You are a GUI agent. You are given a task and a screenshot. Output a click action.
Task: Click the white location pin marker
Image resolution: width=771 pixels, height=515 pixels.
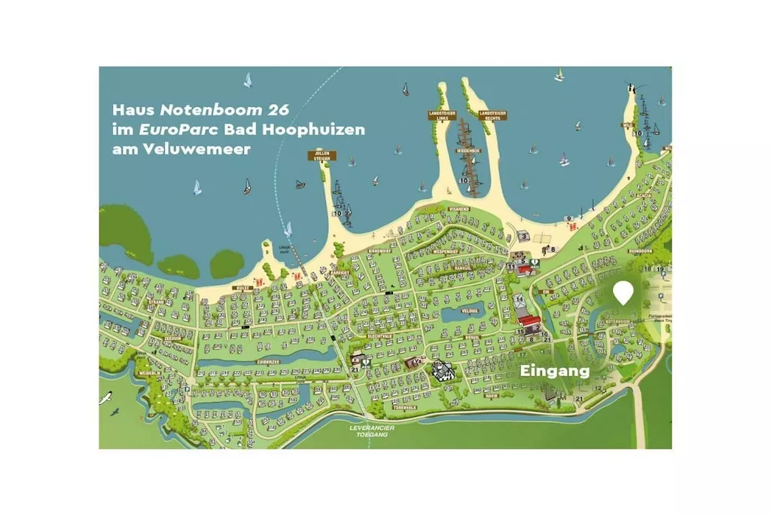pyautogui.click(x=623, y=292)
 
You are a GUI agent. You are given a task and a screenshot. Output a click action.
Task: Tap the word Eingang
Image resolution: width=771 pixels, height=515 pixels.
pyautogui.click(x=555, y=371)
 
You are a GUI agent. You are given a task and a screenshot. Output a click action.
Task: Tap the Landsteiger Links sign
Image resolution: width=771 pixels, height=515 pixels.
pyautogui.click(x=441, y=115)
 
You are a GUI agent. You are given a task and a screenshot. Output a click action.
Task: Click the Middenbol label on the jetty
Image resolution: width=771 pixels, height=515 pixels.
pyautogui.click(x=468, y=151)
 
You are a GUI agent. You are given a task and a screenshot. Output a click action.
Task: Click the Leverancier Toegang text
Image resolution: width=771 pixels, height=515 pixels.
pyautogui.click(x=373, y=431)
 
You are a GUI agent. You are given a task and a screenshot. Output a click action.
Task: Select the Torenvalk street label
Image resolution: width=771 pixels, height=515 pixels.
pyautogui.click(x=404, y=407)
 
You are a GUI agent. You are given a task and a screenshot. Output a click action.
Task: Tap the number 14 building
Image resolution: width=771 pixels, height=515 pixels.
pyautogui.click(x=520, y=299)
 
